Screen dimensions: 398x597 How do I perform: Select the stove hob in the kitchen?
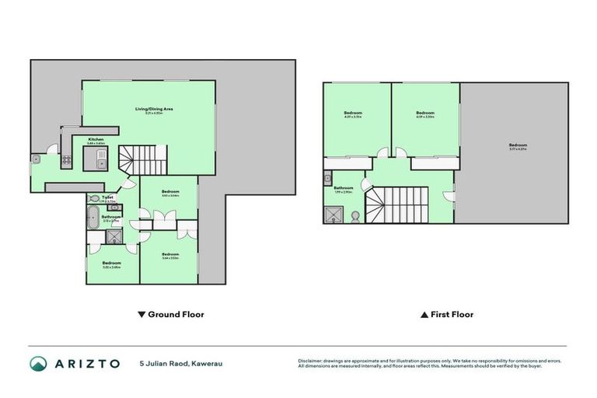[67, 162]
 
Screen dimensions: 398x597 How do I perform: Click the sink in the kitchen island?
[100, 162]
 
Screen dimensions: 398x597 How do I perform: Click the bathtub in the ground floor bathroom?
[92, 215]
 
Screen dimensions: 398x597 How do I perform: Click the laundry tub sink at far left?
[37, 159]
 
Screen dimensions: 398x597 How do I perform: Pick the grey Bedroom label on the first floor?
[518, 145]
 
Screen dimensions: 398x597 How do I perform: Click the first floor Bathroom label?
[344, 188]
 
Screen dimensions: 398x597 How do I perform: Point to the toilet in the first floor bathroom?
[355, 215]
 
